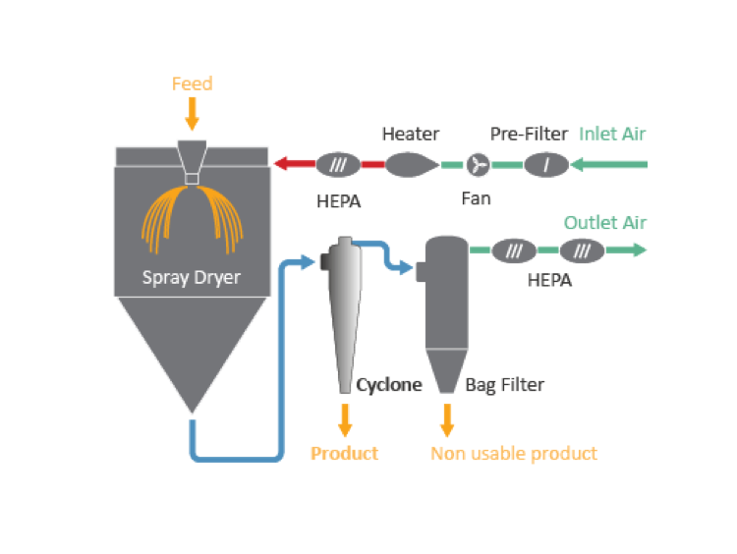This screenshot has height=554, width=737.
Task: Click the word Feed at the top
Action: [192, 83]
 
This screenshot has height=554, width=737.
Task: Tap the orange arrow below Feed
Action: [192, 114]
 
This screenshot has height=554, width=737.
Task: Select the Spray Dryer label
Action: [192, 278]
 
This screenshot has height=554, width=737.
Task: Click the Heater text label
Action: [411, 134]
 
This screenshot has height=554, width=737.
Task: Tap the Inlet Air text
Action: [613, 134]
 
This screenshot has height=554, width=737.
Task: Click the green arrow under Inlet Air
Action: [609, 164]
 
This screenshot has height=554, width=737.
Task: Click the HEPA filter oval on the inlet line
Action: [339, 164]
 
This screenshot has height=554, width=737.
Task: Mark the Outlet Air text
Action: [605, 223]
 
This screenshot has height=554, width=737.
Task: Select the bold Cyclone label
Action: [389, 385]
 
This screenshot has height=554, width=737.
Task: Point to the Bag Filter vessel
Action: [445, 295]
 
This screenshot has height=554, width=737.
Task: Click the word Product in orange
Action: [345, 453]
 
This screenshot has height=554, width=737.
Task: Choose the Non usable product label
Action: [514, 453]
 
